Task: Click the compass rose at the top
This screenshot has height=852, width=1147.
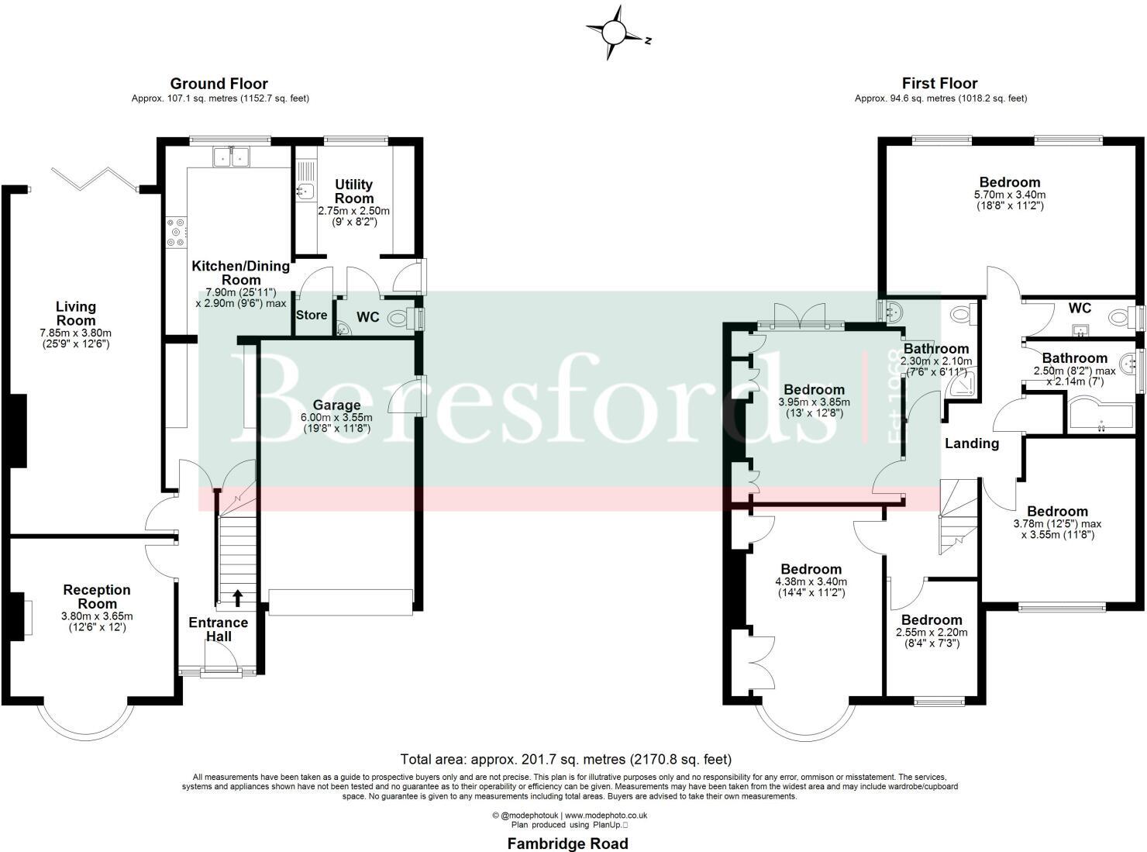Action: tap(614, 33)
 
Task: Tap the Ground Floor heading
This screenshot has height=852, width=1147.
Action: tap(219, 84)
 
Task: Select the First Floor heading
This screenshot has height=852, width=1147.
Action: tap(939, 84)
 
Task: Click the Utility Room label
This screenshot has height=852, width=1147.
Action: tap(353, 191)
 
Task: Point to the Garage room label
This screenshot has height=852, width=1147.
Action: tap(336, 405)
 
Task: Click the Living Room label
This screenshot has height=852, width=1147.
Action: tap(76, 314)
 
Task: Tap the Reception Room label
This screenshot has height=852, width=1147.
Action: tap(97, 597)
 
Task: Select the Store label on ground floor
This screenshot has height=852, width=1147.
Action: tap(312, 316)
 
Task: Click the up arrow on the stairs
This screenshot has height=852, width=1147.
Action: tap(237, 597)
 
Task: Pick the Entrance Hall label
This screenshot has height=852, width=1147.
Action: tap(219, 630)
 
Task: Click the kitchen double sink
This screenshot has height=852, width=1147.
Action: tap(230, 157)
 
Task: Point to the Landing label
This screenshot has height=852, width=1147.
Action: tap(971, 443)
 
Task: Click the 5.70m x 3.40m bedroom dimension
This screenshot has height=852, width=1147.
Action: tap(1009, 195)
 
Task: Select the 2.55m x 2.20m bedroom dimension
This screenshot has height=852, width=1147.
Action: tap(932, 633)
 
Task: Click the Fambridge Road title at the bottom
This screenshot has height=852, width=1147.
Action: tap(567, 843)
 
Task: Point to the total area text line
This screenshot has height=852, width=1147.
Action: tap(566, 760)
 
